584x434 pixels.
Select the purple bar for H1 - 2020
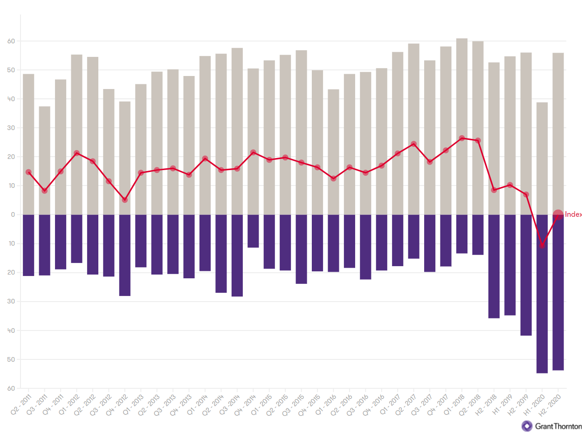pos(542,294)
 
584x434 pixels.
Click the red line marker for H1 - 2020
pos(542,245)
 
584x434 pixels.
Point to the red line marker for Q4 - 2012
pos(124,200)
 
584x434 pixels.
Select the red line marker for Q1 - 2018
pos(461,138)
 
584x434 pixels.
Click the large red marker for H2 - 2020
pos(558,215)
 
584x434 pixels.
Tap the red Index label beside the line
pos(573,215)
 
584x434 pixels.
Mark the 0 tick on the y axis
pos(13,215)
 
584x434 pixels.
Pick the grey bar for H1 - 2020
pos(542,158)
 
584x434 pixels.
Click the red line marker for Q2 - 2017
pos(413,144)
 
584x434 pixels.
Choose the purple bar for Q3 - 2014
pos(237,255)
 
